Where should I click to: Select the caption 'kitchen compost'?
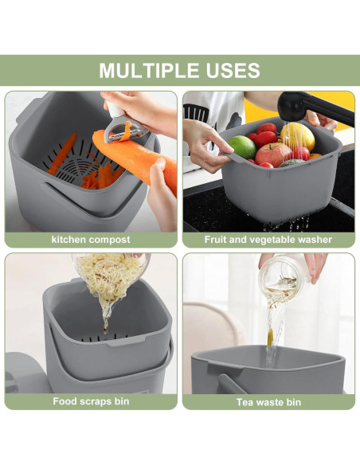(91, 240)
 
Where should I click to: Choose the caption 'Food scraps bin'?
(91, 401)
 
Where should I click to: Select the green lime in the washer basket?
(241, 147)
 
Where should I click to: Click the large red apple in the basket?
(273, 154)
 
